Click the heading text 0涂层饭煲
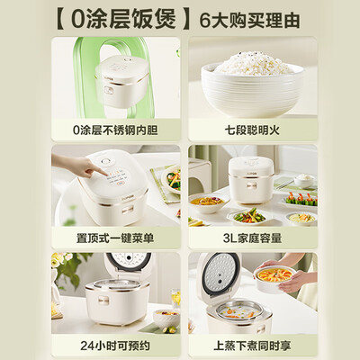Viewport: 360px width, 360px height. (x=123, y=20)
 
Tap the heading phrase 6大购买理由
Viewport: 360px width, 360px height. (x=249, y=21)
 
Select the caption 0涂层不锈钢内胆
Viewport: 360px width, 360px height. (x=115, y=130)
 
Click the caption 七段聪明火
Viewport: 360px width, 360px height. (x=252, y=130)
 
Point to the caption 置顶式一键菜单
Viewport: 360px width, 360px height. (x=115, y=238)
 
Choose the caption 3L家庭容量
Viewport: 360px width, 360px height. (x=252, y=238)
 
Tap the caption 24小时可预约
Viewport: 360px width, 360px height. (x=115, y=346)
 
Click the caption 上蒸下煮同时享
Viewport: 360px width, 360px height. (x=252, y=346)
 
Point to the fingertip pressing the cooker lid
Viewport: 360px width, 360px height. (x=106, y=174)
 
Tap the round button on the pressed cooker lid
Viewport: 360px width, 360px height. (x=105, y=162)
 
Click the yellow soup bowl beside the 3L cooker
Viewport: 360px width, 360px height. (x=206, y=202)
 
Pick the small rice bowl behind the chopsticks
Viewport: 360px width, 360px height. (x=304, y=180)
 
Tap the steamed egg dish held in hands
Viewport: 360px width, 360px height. (x=274, y=276)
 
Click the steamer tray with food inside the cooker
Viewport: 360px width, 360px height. (x=238, y=314)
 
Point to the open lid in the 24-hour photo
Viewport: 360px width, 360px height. (x=129, y=264)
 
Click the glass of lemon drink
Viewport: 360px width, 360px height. (x=175, y=298)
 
